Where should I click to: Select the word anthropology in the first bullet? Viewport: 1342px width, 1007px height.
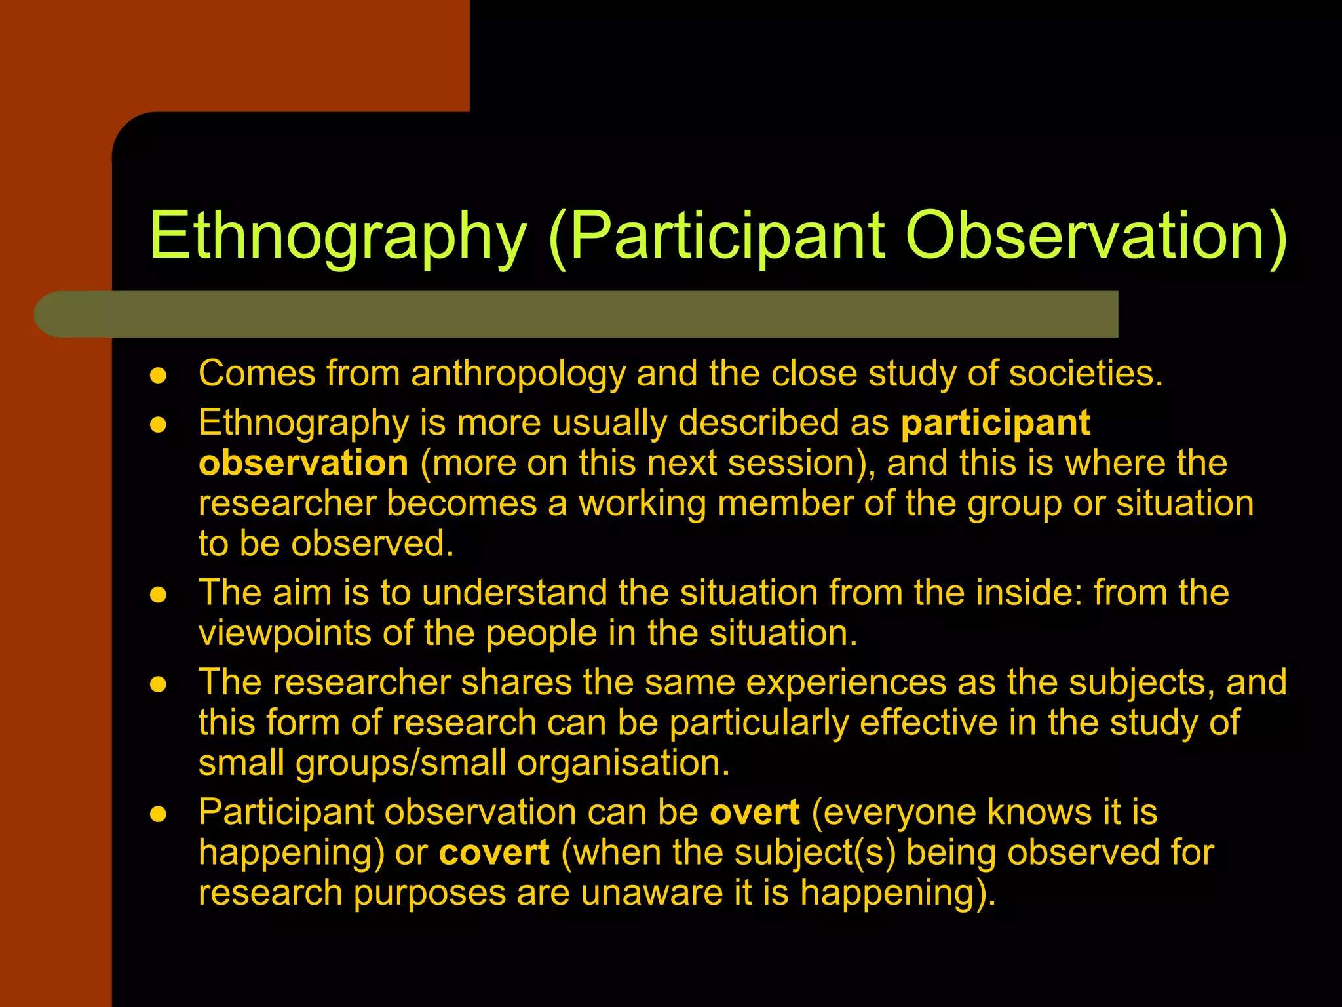pos(518,375)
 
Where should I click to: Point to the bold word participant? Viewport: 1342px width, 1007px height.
pos(995,423)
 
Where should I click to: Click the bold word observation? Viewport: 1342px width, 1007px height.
pos(303,464)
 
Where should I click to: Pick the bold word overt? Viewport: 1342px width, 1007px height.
pos(755,812)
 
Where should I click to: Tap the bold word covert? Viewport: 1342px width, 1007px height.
pos(494,853)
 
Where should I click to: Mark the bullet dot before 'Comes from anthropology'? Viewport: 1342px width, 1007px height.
pos(159,376)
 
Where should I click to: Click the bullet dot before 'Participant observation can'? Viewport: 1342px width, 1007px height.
pos(159,815)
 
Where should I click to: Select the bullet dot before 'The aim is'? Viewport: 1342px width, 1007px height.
pos(159,595)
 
